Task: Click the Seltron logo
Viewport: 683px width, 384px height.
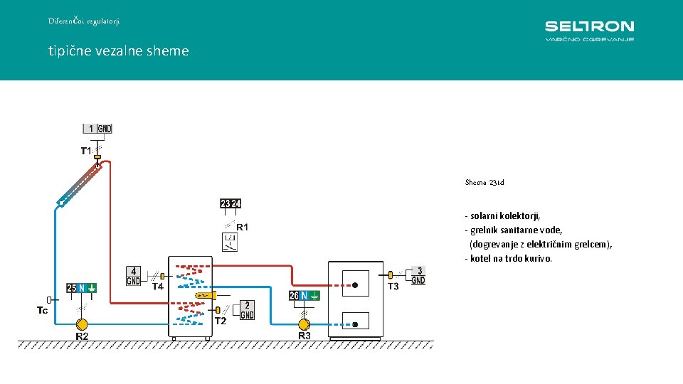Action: tap(589, 31)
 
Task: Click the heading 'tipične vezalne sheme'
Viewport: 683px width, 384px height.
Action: tap(119, 51)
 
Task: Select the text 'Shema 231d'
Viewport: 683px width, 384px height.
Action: tap(485, 183)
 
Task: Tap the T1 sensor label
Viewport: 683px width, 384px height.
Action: tap(86, 151)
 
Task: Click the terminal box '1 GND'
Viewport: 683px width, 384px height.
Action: tap(97, 129)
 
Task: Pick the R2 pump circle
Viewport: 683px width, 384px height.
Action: tap(83, 324)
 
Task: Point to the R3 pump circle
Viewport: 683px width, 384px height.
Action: tap(304, 324)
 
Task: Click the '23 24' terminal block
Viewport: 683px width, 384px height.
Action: tap(231, 204)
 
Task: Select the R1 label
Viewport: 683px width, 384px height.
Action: tap(242, 228)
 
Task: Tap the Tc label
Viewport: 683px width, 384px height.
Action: tap(43, 310)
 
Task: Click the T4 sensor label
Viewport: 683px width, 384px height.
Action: tap(157, 287)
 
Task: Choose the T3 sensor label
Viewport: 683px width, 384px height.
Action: tap(393, 287)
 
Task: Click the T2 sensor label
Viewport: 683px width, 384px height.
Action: tap(221, 321)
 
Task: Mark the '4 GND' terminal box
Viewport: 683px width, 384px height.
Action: tap(134, 276)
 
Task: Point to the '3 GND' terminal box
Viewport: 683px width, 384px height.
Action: tap(418, 276)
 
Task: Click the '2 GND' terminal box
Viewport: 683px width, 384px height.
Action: tap(247, 310)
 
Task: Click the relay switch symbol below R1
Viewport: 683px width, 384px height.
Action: tap(230, 242)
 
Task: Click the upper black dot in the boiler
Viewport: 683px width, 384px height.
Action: tap(354, 286)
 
